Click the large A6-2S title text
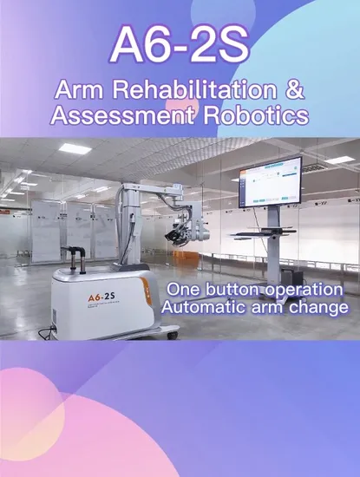pos(180,44)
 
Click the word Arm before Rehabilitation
pos(75,89)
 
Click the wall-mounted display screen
pos(270,181)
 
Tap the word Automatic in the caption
pos(204,309)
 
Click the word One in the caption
pos(183,289)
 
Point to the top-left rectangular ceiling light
pos(75,148)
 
